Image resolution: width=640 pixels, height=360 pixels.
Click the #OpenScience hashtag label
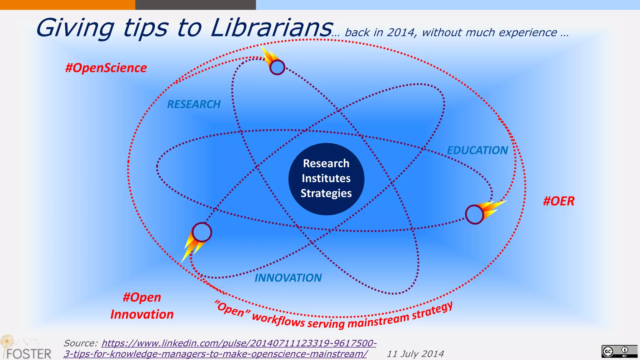click(x=106, y=68)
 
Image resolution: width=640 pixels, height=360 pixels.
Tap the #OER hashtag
click(x=558, y=201)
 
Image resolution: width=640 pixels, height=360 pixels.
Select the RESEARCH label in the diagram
click(x=194, y=104)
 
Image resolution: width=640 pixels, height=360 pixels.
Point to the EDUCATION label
click(x=477, y=150)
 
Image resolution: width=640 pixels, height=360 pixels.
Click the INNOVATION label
click(x=288, y=277)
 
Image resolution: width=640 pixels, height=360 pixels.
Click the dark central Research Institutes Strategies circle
click(x=326, y=179)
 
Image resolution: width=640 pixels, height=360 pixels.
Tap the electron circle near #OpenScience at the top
click(x=277, y=67)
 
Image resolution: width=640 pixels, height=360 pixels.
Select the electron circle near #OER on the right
click(x=474, y=214)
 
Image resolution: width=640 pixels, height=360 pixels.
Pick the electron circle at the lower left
click(x=202, y=232)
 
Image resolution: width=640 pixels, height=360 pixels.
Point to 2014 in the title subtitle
click(x=401, y=32)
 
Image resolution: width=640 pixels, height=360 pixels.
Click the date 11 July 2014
click(x=415, y=354)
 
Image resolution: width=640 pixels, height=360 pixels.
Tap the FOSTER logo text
click(x=29, y=354)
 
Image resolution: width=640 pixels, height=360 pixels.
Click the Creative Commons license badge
click(x=619, y=351)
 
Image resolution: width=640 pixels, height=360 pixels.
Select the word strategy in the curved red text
click(x=432, y=311)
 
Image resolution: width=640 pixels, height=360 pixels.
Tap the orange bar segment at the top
click(x=67, y=5)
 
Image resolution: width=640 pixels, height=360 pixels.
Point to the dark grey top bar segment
click(x=195, y=5)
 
